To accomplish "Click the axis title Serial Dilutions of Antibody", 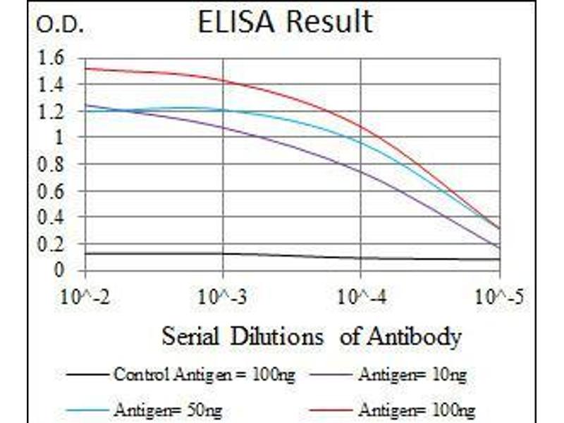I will coord(311,336).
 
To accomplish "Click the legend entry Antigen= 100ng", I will coord(415,410).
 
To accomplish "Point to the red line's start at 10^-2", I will coord(85,68).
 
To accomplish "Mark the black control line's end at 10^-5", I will coord(499,259).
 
